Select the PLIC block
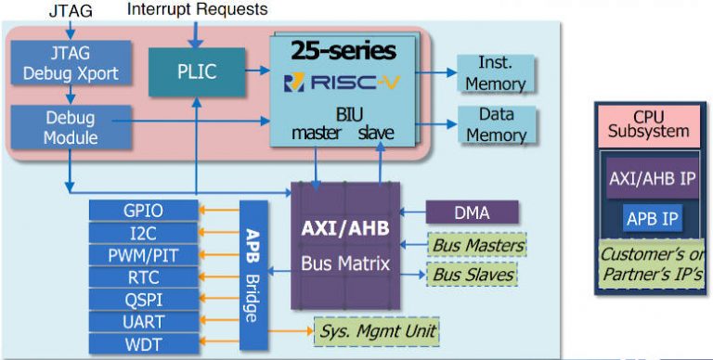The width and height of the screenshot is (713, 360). point(196,71)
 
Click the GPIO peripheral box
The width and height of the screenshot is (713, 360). point(144,210)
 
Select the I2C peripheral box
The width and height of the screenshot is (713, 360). point(144,232)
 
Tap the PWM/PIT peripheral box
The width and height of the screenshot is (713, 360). point(144,254)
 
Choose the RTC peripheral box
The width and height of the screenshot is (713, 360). point(144,276)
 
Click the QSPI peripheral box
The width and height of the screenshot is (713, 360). point(144,299)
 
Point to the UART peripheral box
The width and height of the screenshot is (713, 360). point(144,321)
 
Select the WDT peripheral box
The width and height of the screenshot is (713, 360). point(144,343)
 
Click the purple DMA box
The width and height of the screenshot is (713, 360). point(472,212)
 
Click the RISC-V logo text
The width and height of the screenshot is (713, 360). point(342,83)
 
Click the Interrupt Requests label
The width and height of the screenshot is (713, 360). point(197,9)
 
